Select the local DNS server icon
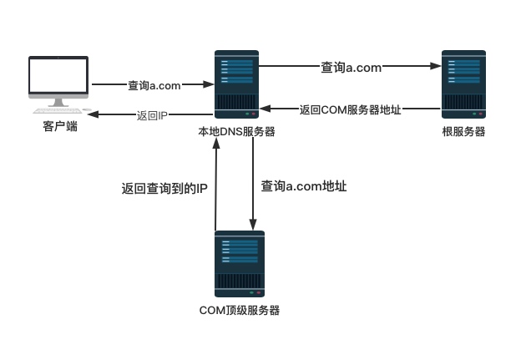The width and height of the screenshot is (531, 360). pyautogui.click(x=236, y=84)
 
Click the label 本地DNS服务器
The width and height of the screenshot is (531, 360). pyautogui.click(x=236, y=132)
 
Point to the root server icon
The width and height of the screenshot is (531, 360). pyautogui.click(x=463, y=84)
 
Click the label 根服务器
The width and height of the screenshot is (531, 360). pyautogui.click(x=463, y=132)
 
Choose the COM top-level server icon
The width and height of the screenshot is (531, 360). pyautogui.click(x=239, y=263)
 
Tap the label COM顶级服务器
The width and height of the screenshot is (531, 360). pyautogui.click(x=239, y=311)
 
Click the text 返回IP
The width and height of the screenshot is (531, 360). pyautogui.click(x=153, y=114)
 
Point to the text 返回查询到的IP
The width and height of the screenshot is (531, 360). pyautogui.click(x=164, y=189)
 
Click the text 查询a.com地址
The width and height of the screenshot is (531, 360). pyautogui.click(x=304, y=186)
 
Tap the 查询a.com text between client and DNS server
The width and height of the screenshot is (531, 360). pyautogui.click(x=154, y=85)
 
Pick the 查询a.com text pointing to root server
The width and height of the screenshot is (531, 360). pyautogui.click(x=351, y=68)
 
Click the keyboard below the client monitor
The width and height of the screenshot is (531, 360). pyautogui.click(x=58, y=109)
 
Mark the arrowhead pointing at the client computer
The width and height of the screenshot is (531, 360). pyautogui.click(x=93, y=114)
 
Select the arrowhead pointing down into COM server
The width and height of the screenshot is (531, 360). pyautogui.click(x=252, y=224)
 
